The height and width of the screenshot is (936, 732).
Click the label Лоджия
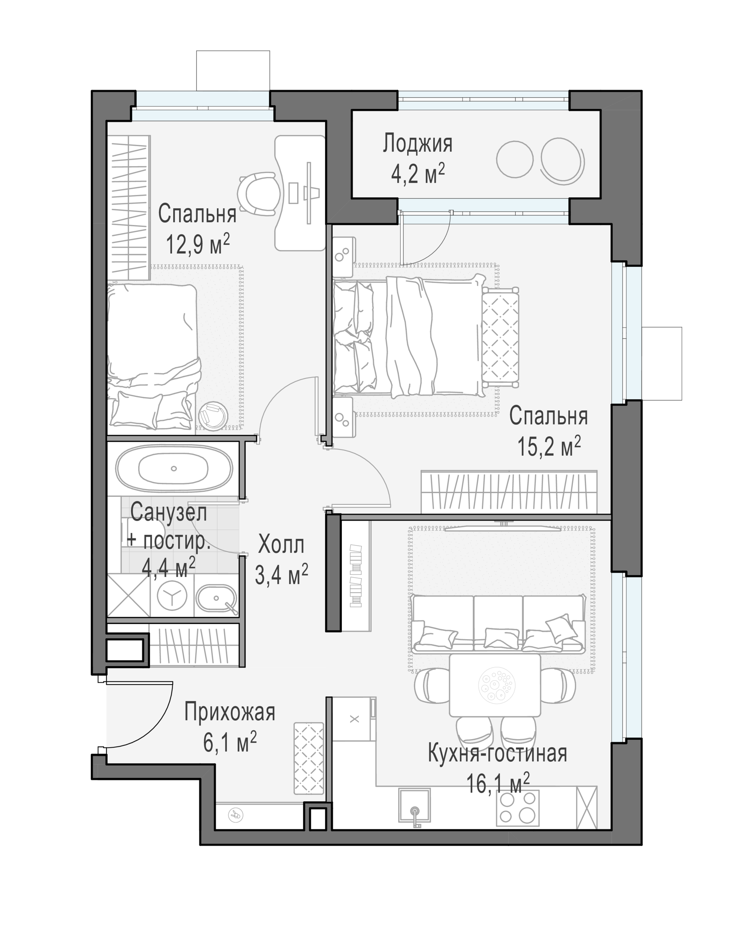tap(418, 144)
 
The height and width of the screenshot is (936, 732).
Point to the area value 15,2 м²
tap(549, 447)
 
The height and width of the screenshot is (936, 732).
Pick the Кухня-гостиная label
tap(497, 753)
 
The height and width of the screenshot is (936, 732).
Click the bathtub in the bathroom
tap(174, 468)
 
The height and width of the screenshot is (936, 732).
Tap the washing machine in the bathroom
tap(172, 596)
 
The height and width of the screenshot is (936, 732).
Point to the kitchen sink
tap(414, 806)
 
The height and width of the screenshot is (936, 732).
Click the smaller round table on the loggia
tap(515, 159)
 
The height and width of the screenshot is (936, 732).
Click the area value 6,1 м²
tap(230, 742)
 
